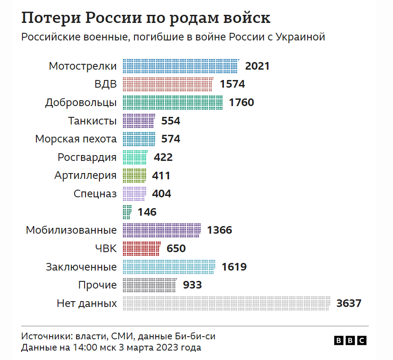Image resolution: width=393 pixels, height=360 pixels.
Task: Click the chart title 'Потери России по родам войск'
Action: pos(146,18)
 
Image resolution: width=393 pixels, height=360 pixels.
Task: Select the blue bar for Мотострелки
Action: pos(180,66)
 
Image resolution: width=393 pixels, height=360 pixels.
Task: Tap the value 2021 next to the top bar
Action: pos(257,66)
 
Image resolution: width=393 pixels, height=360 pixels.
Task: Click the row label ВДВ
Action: pos(106,84)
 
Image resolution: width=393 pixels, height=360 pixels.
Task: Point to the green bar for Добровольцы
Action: pos(172,102)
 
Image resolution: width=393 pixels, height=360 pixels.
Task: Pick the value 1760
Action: pos(241,102)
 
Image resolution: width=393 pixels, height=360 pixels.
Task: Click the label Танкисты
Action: pos(93,121)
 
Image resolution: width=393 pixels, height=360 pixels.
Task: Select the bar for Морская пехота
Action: pos(138,139)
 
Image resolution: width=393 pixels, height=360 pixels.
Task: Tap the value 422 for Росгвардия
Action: pos(163,157)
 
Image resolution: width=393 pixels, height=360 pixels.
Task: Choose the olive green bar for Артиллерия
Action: pos(134,175)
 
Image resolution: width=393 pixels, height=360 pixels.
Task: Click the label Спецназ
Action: pos(95,194)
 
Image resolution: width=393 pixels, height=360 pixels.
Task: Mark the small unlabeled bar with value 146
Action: pos(127,212)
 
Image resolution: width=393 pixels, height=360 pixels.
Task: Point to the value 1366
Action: pos(219,230)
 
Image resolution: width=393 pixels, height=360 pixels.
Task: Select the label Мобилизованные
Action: pos(71,230)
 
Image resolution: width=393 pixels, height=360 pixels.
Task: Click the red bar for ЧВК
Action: pos(141,248)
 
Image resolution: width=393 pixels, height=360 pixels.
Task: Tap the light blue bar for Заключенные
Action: pos(169,267)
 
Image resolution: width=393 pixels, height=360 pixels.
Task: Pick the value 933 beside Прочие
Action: pos(192,285)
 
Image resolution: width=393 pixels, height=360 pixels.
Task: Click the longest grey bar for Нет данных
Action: pos(226,303)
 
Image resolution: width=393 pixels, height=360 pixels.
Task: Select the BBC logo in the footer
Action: pos(350,341)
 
